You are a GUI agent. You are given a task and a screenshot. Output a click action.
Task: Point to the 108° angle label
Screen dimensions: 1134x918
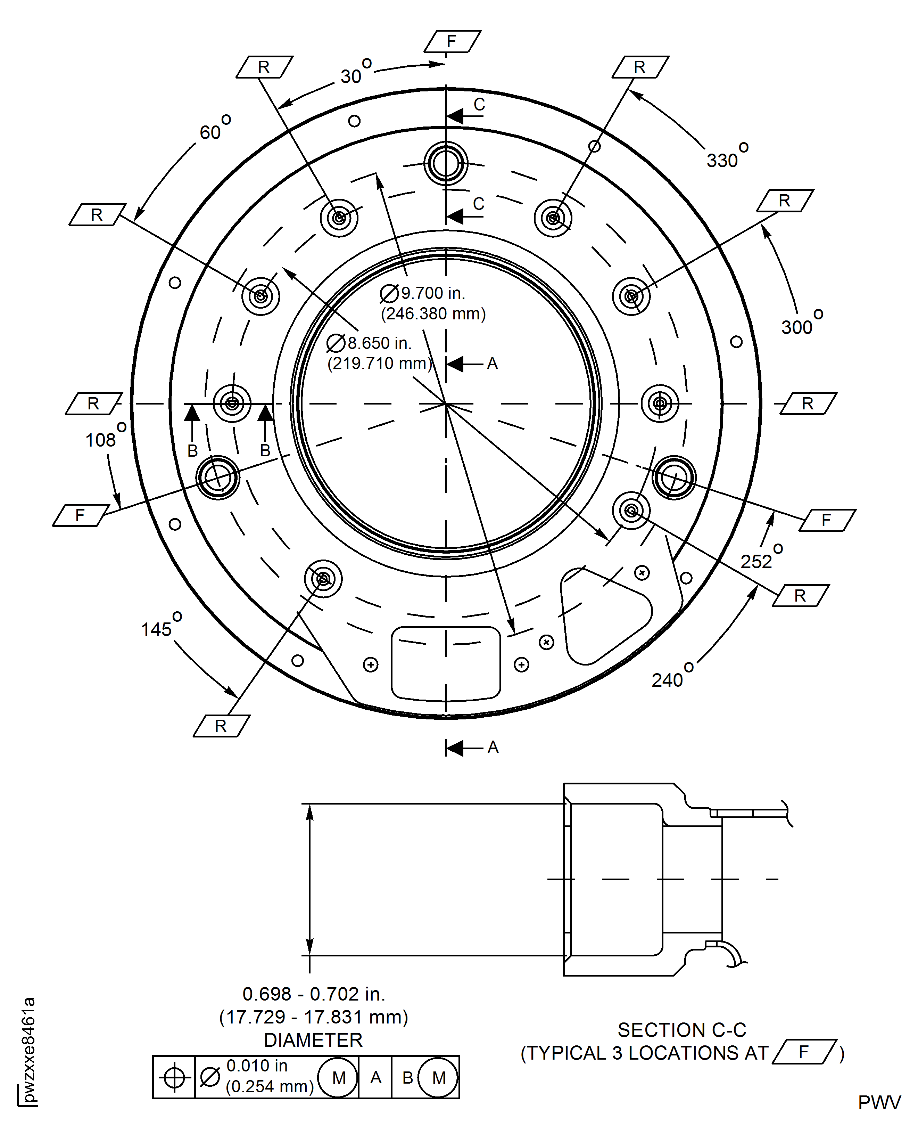coord(104,437)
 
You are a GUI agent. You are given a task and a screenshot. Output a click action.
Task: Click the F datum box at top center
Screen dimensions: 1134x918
coord(452,41)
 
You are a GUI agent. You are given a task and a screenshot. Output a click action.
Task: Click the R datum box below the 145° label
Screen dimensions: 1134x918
coord(221,726)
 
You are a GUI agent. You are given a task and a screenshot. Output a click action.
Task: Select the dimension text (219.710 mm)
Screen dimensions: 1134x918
coord(379,364)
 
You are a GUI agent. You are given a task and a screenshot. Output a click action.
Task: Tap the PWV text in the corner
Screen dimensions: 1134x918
coord(879,1103)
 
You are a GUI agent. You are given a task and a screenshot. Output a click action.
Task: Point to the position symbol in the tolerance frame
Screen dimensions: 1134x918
coord(174,1077)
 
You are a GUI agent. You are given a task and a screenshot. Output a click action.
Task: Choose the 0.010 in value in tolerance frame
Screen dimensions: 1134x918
coord(257,1065)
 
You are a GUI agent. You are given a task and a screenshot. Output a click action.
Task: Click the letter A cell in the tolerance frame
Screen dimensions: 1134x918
coord(375,1077)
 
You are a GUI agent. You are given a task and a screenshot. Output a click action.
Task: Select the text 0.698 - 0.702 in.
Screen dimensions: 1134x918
coord(314,994)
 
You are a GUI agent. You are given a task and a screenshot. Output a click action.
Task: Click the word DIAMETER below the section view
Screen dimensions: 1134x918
coord(313,1040)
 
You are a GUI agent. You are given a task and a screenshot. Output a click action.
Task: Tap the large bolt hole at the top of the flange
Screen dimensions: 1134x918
coord(446,163)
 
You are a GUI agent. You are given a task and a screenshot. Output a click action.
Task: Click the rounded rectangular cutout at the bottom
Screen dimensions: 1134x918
coord(446,663)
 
